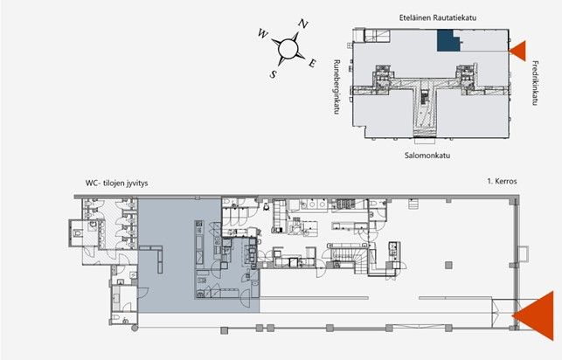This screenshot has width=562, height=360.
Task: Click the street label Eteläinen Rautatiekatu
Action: (438, 17)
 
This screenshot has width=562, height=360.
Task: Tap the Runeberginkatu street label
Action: (337, 87)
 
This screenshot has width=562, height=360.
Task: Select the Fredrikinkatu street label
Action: (535, 83)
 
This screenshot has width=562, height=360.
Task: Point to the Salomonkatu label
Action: (427, 156)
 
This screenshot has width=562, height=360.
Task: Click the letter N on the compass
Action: (303, 24)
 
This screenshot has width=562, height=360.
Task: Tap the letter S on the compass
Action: (273, 74)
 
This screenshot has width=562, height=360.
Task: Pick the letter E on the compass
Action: (312, 64)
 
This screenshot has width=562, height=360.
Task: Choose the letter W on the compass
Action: (263, 34)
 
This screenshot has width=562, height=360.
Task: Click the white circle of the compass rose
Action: (288, 48)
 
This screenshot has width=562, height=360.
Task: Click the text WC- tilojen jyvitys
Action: (116, 183)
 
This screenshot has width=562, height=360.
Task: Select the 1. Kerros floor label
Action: (502, 181)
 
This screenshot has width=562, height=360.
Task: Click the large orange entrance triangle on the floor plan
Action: (538, 316)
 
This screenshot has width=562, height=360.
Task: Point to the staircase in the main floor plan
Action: (347, 256)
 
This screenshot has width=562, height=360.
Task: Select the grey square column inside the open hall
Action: (448, 266)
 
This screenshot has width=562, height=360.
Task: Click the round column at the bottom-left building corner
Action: (135, 328)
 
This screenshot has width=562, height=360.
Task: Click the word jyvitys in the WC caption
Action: (136, 183)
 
